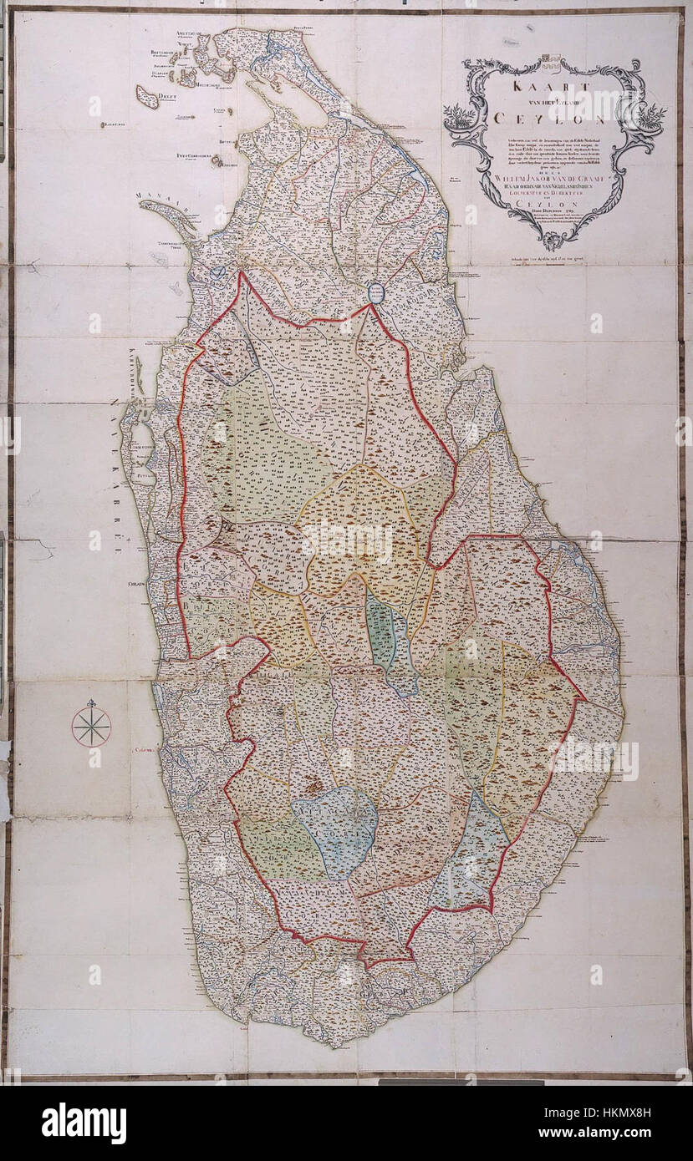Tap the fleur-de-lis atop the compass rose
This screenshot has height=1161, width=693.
(x=91, y=703)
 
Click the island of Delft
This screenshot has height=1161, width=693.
(x=148, y=97)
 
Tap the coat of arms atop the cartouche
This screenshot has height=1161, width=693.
(x=548, y=60)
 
